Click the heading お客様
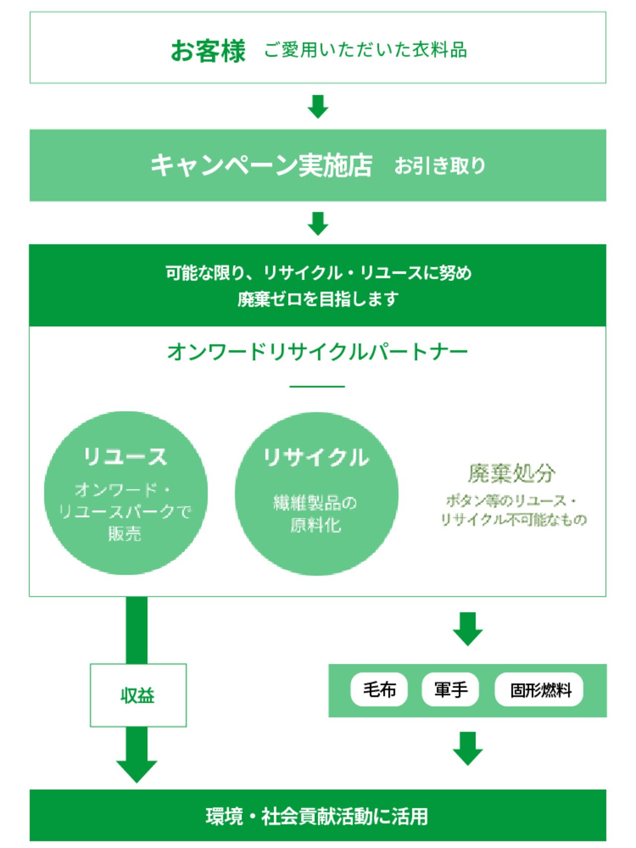[x=208, y=51]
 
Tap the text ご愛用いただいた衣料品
[x=365, y=50]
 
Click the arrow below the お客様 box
[x=318, y=106]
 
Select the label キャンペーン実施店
[x=261, y=165]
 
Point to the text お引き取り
[x=440, y=166]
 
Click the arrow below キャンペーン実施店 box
[x=318, y=224]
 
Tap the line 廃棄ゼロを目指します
[x=318, y=299]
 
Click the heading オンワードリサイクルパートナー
[x=318, y=352]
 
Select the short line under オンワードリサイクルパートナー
[x=317, y=386]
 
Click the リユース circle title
[x=125, y=457]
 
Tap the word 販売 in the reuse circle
[x=125, y=534]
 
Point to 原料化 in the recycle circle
[x=316, y=525]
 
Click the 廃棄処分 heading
[x=512, y=473]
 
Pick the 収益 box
[x=138, y=695]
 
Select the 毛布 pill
[x=379, y=690]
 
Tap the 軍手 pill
[x=450, y=690]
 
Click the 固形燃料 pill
[x=539, y=690]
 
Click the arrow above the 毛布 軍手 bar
[x=468, y=629]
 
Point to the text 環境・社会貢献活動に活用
[x=318, y=816]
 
